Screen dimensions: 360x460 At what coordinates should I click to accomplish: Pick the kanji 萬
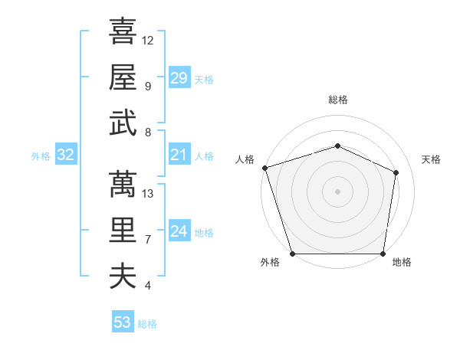click(123, 184)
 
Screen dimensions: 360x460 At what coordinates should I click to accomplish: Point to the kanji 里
click(123, 230)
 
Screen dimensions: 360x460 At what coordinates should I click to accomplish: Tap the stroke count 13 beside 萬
click(148, 193)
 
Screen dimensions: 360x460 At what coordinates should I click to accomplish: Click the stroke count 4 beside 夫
click(147, 285)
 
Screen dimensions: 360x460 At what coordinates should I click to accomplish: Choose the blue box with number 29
click(179, 78)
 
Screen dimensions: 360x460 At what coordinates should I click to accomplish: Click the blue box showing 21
click(179, 155)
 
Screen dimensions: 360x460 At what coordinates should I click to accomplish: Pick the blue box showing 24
click(179, 232)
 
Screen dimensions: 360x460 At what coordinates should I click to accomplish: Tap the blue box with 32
click(65, 155)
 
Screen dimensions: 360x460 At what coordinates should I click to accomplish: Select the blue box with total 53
click(122, 322)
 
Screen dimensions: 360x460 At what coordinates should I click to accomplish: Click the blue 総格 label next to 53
click(147, 324)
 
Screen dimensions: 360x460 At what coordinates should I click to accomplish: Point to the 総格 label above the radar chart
click(337, 100)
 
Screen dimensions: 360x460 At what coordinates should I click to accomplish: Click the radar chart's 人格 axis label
click(245, 159)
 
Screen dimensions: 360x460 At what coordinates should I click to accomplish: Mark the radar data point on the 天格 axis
click(396, 172)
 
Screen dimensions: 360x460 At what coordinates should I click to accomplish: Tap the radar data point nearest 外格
click(292, 254)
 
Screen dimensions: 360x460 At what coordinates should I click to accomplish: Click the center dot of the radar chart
click(337, 191)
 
